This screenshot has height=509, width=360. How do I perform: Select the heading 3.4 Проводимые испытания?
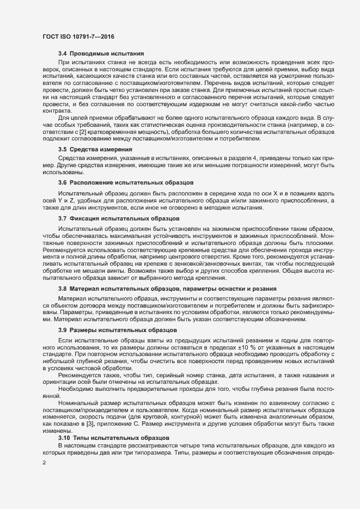[101, 54]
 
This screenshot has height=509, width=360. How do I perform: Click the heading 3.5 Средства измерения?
[95, 149]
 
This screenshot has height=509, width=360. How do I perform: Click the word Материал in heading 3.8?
[86, 287]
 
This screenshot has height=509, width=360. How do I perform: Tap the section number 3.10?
[64, 438]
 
